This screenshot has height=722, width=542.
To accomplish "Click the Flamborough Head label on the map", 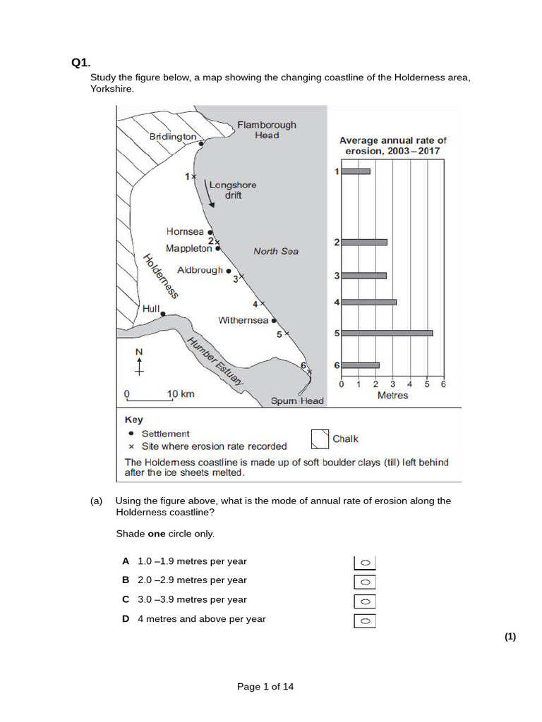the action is pos(266,130).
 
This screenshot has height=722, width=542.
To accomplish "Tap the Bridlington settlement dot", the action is pos(201,144).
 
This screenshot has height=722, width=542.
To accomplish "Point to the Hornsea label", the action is pos(185,231).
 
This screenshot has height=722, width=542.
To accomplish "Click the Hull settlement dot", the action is pos(163,314).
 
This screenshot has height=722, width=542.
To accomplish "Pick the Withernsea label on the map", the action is pos(243,320).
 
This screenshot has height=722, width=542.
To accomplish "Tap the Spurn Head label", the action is pos(297,401).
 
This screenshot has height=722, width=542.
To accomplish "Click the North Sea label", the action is pos(276,251).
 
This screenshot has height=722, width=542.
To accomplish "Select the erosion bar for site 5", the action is pos(387,333).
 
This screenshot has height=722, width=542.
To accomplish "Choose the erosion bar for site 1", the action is pos(356,171).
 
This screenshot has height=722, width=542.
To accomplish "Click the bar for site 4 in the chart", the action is pos(368,302).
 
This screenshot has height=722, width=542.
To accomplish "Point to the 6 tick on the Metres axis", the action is pos(444,384).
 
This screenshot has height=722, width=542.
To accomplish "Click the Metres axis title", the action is pos(392,396).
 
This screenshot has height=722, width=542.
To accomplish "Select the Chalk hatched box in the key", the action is pos(320,439).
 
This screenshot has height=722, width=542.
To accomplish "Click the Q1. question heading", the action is pos(80,63).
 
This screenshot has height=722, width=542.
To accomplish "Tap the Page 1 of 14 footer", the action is pos(265,687).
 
